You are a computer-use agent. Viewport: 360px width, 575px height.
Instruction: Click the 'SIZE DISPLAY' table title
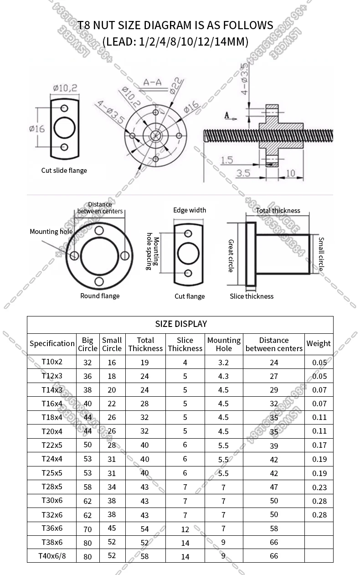pyautogui.click(x=181, y=324)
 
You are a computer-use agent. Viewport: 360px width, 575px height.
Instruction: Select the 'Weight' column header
pyautogui.click(x=319, y=344)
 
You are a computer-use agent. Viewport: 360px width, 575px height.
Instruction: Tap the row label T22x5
pyautogui.click(x=52, y=445)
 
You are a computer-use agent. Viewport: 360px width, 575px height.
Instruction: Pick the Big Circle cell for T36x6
pyautogui.click(x=87, y=529)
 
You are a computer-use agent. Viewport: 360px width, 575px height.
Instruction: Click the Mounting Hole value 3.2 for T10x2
pyautogui.click(x=223, y=363)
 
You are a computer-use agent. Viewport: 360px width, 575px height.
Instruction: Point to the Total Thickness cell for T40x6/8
pyautogui.click(x=145, y=556)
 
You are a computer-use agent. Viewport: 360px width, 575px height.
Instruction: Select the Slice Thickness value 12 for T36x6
pyautogui.click(x=185, y=529)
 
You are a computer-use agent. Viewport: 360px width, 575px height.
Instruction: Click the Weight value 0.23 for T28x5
pyautogui.click(x=319, y=487)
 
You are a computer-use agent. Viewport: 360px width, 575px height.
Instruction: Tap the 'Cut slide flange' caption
pyautogui.click(x=64, y=171)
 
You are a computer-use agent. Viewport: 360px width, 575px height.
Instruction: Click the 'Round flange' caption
pyautogui.click(x=100, y=296)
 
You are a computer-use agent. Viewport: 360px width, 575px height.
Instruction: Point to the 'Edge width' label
pyautogui.click(x=190, y=210)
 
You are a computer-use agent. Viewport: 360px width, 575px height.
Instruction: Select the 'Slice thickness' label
pyautogui.click(x=252, y=296)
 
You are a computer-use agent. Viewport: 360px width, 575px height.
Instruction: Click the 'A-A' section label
pyautogui.click(x=152, y=83)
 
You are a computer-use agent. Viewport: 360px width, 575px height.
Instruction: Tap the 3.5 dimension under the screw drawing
pyautogui.click(x=244, y=173)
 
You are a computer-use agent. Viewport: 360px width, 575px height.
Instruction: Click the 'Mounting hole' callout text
pyautogui.click(x=51, y=232)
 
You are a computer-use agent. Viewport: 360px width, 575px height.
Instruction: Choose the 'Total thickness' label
pyautogui.click(x=278, y=211)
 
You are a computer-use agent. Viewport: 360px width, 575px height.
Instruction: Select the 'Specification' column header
pyautogui.click(x=52, y=344)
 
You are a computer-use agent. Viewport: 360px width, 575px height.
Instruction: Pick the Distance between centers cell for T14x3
pyautogui.click(x=273, y=390)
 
